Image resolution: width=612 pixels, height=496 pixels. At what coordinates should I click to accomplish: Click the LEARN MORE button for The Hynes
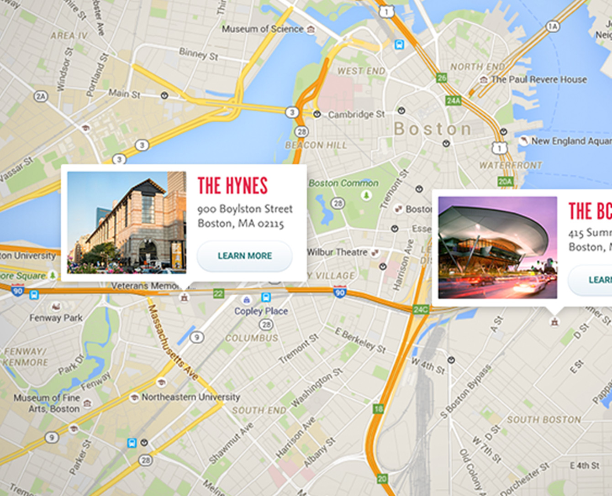coord(245,256)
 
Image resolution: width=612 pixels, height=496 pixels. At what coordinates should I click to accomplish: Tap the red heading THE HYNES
coord(232,186)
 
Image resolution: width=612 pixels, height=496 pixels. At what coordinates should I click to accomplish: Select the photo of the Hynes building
coord(127,222)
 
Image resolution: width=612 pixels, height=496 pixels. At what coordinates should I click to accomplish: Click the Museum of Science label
coord(263,29)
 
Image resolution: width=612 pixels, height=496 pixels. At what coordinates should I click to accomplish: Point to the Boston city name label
coord(432,129)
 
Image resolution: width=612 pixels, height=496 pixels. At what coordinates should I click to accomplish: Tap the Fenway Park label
coord(56,318)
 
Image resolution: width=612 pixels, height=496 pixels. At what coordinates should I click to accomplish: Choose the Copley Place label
coord(261,311)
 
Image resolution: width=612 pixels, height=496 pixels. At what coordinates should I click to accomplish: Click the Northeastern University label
coord(190,397)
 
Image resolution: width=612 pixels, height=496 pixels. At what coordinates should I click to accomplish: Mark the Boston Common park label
coord(343,183)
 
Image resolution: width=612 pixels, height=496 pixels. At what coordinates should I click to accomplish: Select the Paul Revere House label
coord(538,79)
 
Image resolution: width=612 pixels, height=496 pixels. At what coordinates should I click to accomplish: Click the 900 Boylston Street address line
coord(245,209)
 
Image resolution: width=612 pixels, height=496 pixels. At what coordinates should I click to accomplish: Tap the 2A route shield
coord(41,96)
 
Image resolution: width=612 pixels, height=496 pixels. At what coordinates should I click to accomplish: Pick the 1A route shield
coord(553,26)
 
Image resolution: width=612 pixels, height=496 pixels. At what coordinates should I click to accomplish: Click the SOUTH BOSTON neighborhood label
coord(543,419)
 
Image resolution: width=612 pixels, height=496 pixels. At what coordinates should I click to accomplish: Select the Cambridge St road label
coord(356,114)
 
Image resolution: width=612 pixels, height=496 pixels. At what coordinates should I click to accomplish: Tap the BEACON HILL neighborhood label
coord(316,145)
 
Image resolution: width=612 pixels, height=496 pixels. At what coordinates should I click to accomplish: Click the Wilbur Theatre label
coord(337,252)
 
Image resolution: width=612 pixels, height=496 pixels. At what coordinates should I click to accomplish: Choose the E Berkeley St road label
coord(360,340)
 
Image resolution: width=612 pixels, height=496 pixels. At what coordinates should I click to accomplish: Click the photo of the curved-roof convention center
coord(497,247)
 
